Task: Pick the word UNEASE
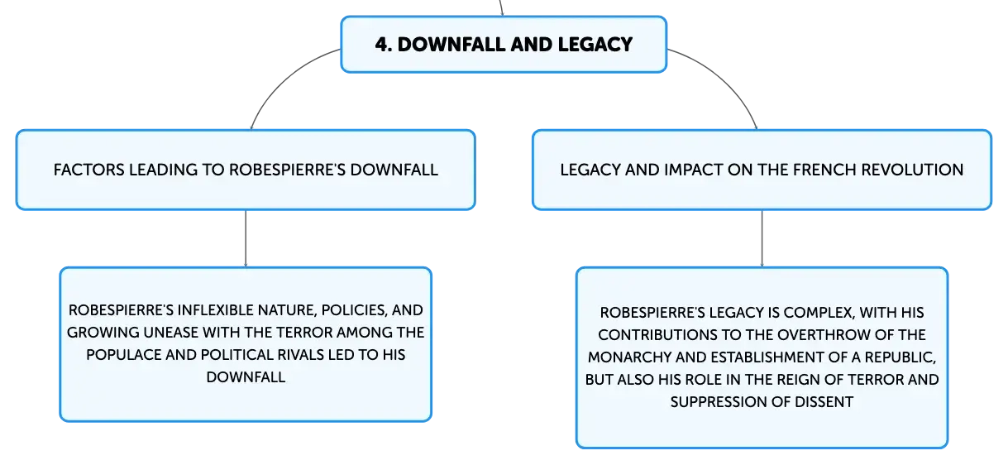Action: tap(170, 333)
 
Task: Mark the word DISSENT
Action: tap(824, 402)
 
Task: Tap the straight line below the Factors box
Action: tap(246, 238)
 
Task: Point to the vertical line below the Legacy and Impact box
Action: tap(762, 238)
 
